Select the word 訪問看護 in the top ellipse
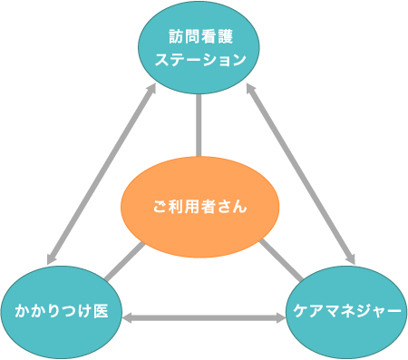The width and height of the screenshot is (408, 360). [x=199, y=38]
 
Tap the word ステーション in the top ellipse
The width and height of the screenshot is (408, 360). [x=199, y=61]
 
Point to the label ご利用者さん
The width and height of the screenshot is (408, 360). [x=199, y=208]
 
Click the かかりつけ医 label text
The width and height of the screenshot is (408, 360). [x=62, y=311]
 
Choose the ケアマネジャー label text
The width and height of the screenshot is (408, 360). [x=347, y=311]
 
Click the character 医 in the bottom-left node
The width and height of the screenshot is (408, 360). [x=101, y=311]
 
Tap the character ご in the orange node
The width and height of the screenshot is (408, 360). [x=159, y=208]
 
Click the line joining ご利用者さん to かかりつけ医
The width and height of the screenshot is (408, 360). [x=122, y=263]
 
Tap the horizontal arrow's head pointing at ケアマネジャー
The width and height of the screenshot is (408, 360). [x=280, y=318]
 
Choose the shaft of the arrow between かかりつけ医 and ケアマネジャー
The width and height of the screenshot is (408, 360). [x=204, y=318]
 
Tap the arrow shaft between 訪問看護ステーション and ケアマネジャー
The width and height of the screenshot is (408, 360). [x=302, y=170]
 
